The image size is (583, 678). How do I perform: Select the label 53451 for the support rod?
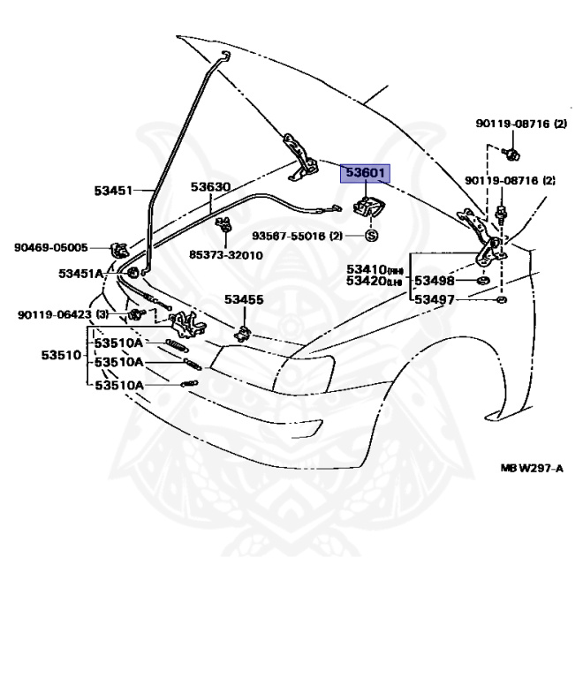point(113,190)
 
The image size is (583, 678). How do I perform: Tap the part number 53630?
point(210,187)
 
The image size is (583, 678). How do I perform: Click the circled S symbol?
point(371,237)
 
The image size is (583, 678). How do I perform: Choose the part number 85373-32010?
point(225,255)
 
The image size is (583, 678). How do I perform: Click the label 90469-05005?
point(50,247)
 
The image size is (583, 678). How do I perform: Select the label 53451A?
point(81,274)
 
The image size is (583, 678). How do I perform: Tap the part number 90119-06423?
point(56,314)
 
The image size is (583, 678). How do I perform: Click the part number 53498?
point(435,282)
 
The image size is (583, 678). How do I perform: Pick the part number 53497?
point(435,300)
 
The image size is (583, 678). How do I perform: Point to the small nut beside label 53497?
point(501,300)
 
